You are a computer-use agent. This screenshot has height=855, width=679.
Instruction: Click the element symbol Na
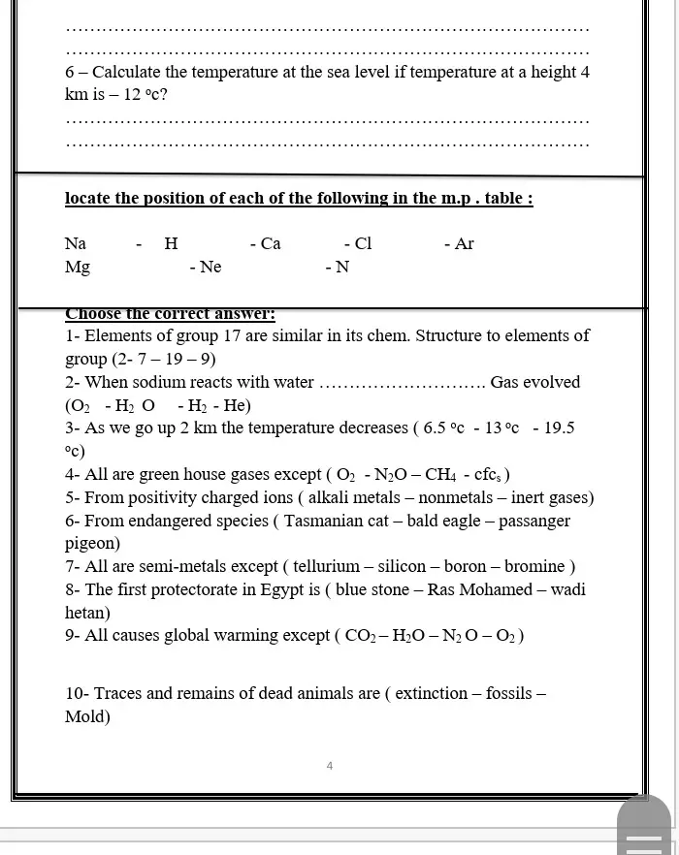tap(76, 243)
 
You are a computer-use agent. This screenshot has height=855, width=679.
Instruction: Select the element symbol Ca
tap(271, 243)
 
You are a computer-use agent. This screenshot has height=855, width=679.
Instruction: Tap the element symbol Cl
tap(363, 243)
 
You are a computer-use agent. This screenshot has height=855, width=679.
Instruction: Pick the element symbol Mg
tap(78, 268)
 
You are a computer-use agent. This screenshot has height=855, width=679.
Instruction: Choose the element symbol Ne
tap(210, 268)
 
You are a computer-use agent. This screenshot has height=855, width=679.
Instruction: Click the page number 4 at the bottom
tap(330, 766)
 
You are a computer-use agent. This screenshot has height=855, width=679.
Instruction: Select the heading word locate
tap(87, 198)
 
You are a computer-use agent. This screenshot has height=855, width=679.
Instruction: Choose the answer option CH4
tap(439, 475)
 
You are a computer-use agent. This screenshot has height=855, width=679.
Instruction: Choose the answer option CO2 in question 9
tap(361, 636)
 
